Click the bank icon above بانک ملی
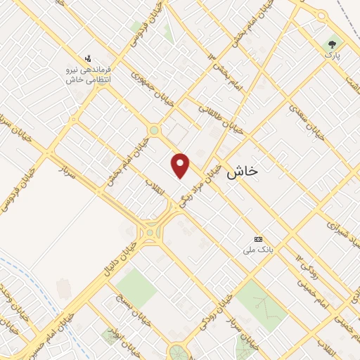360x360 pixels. pyautogui.click(x=257, y=240)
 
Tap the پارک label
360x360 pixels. pyautogui.click(x=332, y=56)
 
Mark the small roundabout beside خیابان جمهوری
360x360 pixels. pyautogui.click(x=153, y=129)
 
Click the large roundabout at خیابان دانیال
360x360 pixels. pyautogui.click(x=150, y=231)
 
